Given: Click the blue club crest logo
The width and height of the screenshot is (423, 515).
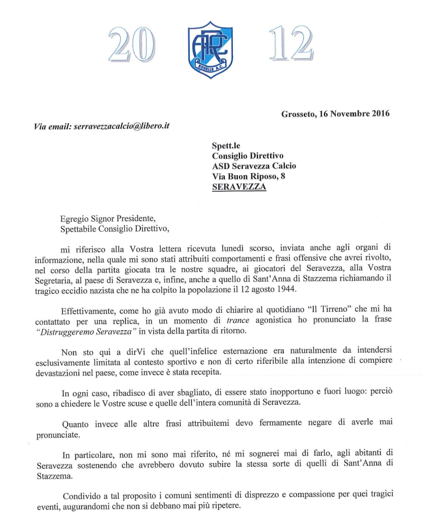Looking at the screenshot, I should coord(210,50).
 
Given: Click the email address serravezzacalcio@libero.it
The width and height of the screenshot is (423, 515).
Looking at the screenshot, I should coord(121,127).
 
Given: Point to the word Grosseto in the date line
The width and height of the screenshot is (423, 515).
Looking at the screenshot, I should coord(299,114).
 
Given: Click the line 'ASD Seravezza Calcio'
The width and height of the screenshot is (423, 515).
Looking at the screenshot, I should coord(254,166).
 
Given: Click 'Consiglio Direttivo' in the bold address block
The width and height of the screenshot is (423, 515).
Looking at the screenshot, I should coord(248,156).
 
